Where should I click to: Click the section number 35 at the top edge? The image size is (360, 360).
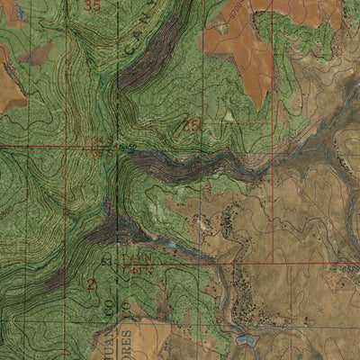(x=92, y=5)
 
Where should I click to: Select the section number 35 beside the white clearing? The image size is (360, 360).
(x=191, y=125)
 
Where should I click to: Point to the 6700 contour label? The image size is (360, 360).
(x=238, y=12)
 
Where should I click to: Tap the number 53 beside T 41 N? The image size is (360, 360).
(x=106, y=262)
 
